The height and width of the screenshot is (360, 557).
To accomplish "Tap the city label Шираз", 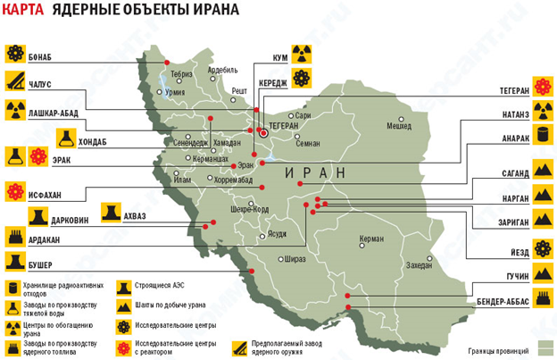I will point(294,259).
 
